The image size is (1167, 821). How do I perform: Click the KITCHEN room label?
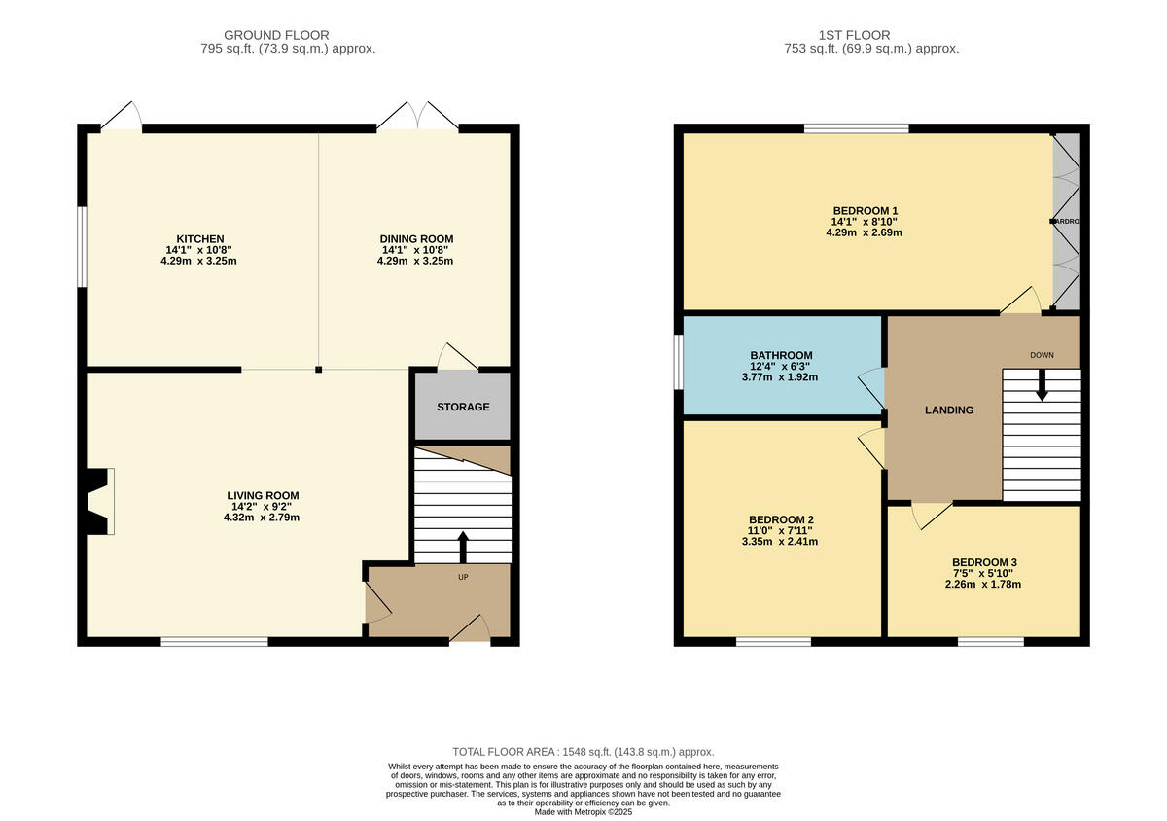tap(199, 239)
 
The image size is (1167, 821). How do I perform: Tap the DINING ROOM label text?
tap(415, 239)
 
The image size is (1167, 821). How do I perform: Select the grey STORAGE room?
tap(463, 407)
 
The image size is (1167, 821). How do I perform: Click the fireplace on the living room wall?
tap(98, 501)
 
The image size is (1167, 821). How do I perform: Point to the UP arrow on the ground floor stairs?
tap(462, 547)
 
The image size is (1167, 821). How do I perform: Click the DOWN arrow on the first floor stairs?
tap(1042, 385)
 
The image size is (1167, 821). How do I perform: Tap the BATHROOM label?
tap(781, 355)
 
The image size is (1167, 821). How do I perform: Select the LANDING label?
tap(948, 410)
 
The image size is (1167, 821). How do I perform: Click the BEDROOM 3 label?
tap(983, 562)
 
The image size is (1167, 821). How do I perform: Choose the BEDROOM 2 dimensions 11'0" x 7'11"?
tap(781, 530)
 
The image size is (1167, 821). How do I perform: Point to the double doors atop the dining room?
tap(417, 117)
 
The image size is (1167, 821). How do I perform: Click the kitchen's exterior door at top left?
tap(121, 117)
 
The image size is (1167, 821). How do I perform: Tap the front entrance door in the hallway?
tap(471, 629)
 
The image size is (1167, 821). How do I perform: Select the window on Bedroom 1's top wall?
tap(856, 127)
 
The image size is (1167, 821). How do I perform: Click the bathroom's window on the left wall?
tap(678, 363)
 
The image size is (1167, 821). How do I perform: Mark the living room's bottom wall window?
tap(214, 641)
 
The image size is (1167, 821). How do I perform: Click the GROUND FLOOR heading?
tap(276, 35)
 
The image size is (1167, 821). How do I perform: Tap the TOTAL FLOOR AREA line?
tap(583, 752)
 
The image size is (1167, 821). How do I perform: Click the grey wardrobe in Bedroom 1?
tap(1067, 222)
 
